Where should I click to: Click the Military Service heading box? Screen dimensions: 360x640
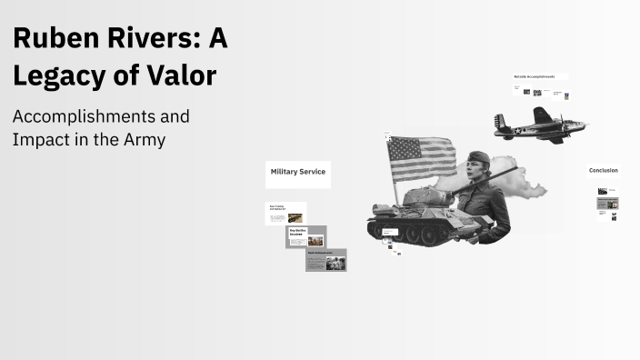coord(297,172)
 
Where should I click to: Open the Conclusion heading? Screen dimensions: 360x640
coord(603,171)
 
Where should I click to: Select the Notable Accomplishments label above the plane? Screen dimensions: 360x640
coord(540,77)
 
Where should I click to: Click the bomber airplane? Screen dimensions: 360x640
coord(536,125)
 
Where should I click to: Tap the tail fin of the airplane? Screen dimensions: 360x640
coord(499,121)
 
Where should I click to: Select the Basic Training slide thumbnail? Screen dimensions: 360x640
coord(285,214)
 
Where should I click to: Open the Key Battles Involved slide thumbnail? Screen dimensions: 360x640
coord(305,237)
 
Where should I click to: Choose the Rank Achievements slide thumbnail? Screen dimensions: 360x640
coord(325,260)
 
